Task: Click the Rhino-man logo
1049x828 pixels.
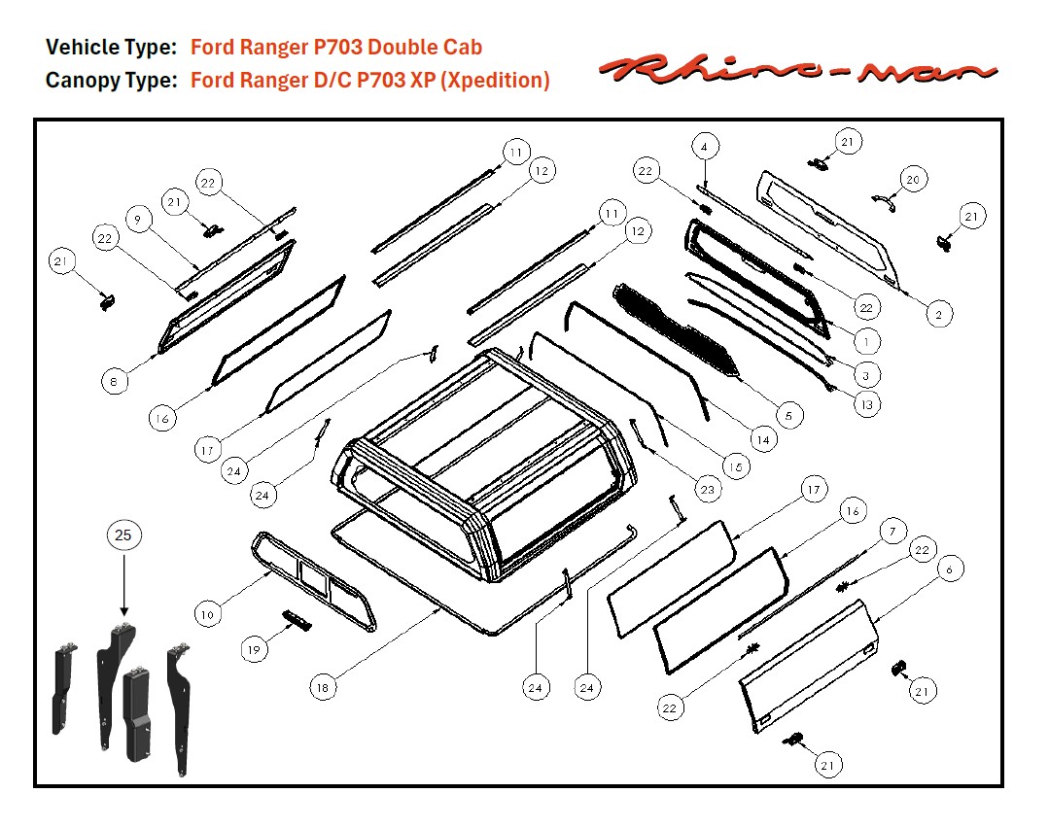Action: point(798,68)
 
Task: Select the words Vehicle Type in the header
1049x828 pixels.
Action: point(111,48)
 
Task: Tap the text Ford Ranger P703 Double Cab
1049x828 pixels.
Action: point(335,48)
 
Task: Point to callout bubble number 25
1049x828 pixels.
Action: point(123,535)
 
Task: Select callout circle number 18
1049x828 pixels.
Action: point(324,687)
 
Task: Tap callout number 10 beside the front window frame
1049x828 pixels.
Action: point(207,614)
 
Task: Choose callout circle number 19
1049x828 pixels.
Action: point(254,650)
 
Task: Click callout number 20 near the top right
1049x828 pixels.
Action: point(912,180)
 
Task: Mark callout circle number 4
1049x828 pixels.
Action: point(705,147)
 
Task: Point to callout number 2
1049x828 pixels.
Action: point(937,315)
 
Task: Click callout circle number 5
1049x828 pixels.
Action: point(787,416)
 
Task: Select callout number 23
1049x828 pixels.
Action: point(707,491)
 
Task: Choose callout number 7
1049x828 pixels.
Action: point(890,532)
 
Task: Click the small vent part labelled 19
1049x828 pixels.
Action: point(295,620)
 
